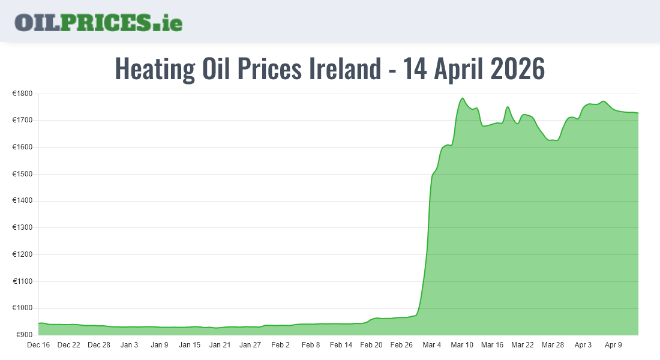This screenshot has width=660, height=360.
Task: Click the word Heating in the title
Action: [155, 69]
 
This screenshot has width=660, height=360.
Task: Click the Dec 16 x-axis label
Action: [38, 345]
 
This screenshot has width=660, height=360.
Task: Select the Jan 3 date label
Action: [129, 345]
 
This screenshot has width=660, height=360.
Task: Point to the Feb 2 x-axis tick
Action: [280, 345]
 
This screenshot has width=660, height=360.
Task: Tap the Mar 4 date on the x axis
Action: [431, 345]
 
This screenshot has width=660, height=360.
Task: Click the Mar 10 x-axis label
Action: [462, 345]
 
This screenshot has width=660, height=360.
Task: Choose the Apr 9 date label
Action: [613, 345]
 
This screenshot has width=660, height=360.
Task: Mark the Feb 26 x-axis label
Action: [401, 345]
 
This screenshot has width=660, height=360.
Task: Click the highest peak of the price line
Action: [462, 98]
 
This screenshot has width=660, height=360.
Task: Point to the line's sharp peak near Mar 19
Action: [508, 107]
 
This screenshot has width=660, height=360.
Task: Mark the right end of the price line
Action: [638, 113]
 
